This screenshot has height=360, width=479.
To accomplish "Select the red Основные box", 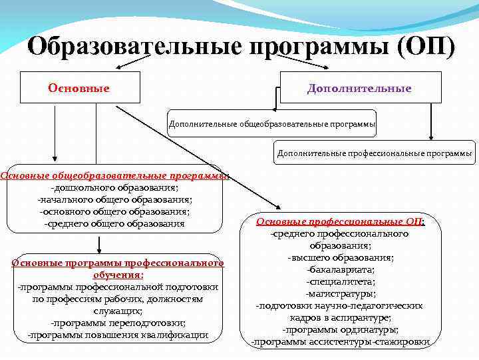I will (x=79, y=88).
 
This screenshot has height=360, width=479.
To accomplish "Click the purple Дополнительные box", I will (x=359, y=88).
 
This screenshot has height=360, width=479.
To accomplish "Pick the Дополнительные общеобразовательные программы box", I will (x=272, y=124).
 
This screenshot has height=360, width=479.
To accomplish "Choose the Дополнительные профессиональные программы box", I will (x=375, y=153).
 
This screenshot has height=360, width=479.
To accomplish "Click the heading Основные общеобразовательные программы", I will (x=114, y=176).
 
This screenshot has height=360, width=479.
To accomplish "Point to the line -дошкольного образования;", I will (x=114, y=187).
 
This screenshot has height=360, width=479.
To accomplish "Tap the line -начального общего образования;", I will (x=114, y=199).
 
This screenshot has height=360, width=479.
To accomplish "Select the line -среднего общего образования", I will (x=114, y=223).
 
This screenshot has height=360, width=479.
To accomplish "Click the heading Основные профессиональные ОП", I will (x=340, y=222).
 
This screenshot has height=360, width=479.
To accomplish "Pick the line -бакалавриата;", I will (x=340, y=269).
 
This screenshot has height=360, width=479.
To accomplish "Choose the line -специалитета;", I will (x=340, y=281).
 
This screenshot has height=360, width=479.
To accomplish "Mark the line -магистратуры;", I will (x=340, y=293).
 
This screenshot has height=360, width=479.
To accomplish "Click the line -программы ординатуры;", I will (x=340, y=329).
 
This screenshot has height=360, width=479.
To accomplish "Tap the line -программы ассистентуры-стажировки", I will (x=340, y=342).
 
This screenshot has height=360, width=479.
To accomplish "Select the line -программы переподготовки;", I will (x=117, y=323).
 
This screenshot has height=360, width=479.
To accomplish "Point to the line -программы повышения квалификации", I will (x=117, y=335).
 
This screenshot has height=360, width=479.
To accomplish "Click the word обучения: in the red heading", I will (x=118, y=275).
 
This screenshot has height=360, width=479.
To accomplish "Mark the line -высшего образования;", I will (x=340, y=257).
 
